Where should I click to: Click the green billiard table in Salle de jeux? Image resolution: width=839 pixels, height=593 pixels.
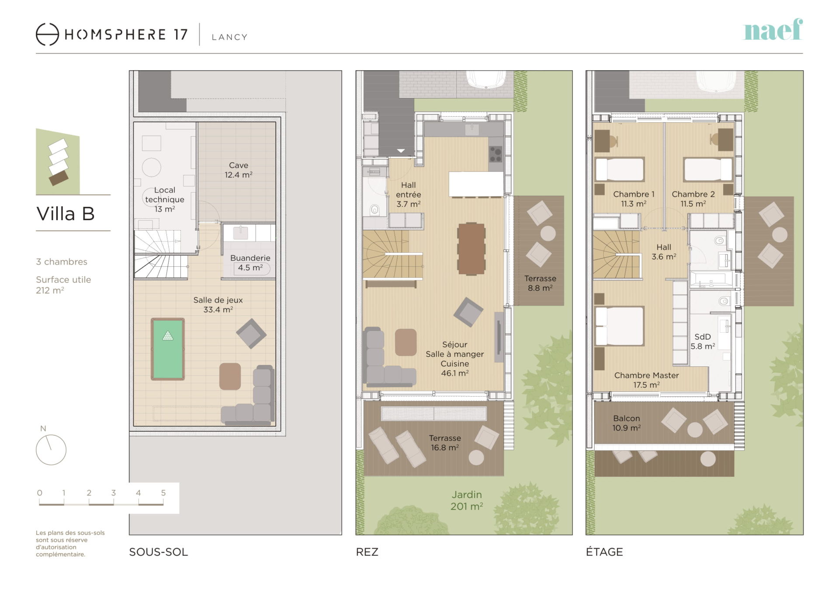(168, 349)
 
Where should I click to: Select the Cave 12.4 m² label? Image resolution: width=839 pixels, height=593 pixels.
(239, 170)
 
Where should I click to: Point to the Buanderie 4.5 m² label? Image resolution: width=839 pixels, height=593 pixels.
(250, 262)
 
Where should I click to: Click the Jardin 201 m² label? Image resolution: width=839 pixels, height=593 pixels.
(467, 500)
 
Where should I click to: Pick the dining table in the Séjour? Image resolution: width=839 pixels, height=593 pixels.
(472, 249)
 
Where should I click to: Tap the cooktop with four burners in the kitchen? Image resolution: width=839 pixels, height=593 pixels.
(496, 154)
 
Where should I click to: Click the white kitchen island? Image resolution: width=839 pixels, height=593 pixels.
(476, 184)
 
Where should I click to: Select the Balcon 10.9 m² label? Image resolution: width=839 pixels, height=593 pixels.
(626, 423)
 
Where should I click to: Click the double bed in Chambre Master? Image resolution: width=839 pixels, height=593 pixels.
(620, 326)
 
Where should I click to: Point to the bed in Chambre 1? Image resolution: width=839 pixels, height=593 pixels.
(620, 169)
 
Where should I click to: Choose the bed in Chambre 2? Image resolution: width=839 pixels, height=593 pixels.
(708, 169)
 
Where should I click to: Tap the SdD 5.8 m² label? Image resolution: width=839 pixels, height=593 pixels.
(703, 341)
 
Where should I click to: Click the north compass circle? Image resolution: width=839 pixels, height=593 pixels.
(51, 450)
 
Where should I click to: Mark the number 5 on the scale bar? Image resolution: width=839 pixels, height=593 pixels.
(163, 493)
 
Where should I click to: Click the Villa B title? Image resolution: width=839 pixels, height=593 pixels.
(66, 214)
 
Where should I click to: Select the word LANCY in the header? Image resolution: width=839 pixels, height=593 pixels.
(230, 37)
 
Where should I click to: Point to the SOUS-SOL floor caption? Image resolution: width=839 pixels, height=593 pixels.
(159, 552)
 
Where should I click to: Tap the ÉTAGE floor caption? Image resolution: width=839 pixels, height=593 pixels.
(604, 552)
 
